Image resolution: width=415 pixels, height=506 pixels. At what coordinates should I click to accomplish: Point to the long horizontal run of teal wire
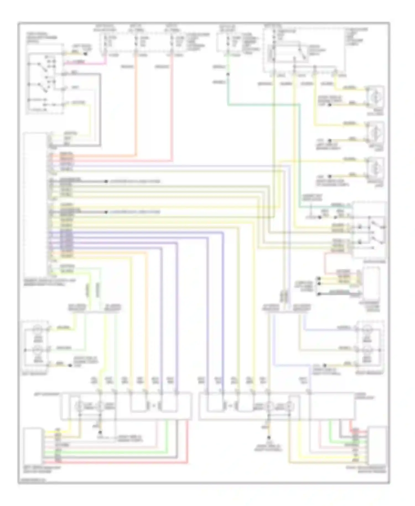point(263,105)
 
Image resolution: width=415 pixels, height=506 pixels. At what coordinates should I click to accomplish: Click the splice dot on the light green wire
point(228,74)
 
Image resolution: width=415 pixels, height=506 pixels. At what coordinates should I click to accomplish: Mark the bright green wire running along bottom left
point(111,452)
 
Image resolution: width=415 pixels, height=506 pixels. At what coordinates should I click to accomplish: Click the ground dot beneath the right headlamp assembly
point(268,438)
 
